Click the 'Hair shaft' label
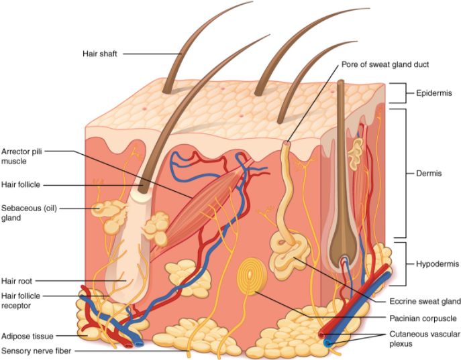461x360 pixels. pos(100,54)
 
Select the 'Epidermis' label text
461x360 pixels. pos(433,92)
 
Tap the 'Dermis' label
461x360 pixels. pos(429,173)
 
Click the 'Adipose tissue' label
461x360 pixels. pos(27,336)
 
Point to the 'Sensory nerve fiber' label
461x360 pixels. pos(36,350)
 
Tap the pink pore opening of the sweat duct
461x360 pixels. pos(287,143)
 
